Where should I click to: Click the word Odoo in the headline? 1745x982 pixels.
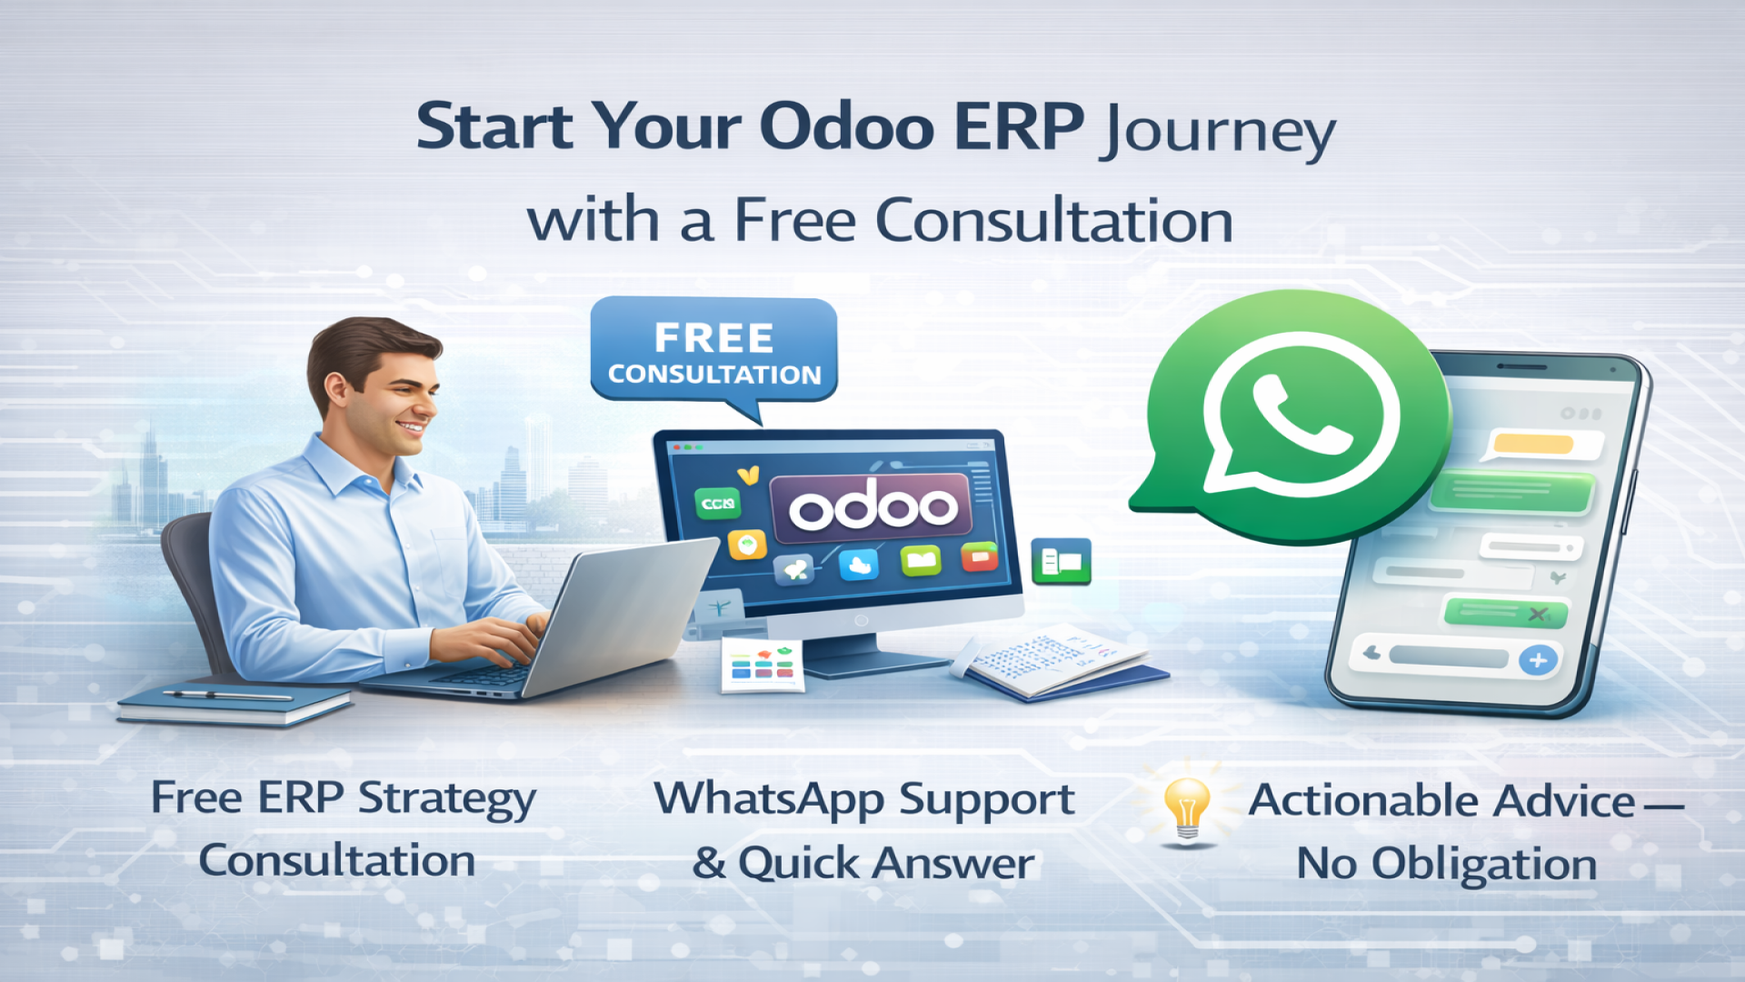point(846,126)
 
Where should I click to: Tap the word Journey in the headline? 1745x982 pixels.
point(1217,132)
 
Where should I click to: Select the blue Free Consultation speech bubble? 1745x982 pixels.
point(714,351)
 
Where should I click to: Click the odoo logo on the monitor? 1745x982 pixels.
point(872,506)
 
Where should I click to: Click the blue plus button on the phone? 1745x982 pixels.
point(1537,660)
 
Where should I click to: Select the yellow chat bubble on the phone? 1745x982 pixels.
point(1534,444)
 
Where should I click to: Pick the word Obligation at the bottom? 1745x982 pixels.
point(1484,863)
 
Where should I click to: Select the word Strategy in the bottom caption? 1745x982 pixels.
point(446,799)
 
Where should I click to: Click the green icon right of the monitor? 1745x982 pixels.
point(1061,562)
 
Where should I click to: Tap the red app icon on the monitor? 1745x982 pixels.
point(979,556)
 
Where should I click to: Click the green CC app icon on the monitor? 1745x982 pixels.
point(718,503)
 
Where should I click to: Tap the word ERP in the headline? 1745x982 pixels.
point(1019,126)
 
